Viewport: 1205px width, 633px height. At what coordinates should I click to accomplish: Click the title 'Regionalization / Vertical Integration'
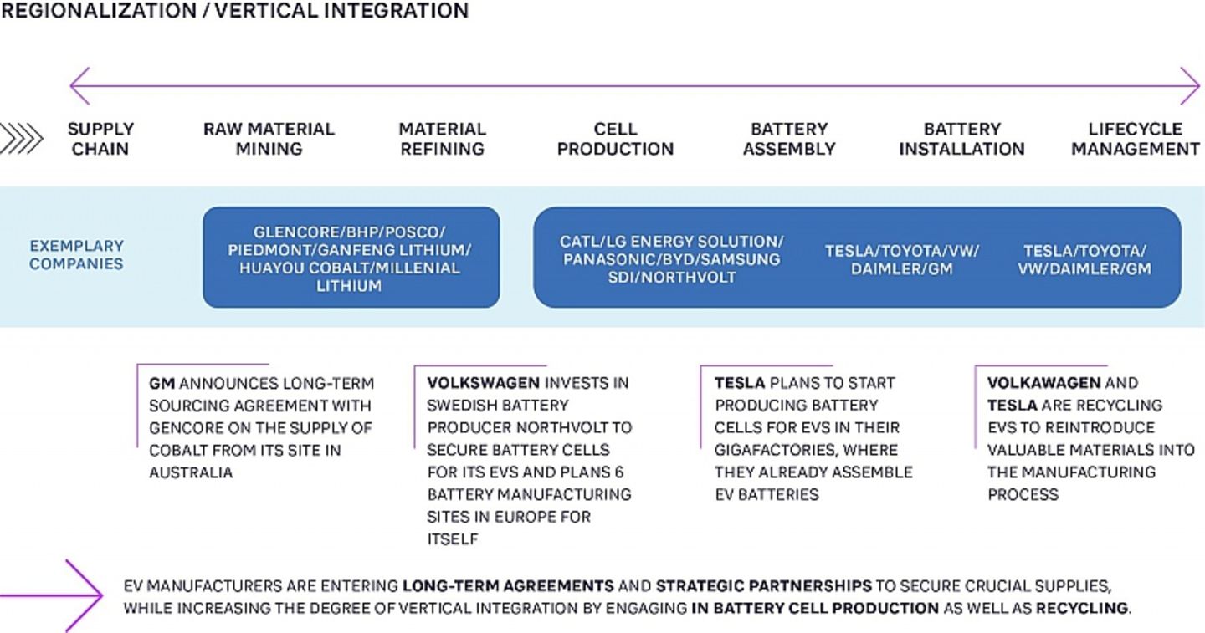point(234,11)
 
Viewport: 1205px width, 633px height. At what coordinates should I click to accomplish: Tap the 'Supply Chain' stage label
point(100,139)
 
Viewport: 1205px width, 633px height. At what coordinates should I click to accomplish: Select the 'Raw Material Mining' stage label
point(269,139)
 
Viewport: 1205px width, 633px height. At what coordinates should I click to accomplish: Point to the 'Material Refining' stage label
point(442,139)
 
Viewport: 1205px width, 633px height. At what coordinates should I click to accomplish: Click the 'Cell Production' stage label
point(615,139)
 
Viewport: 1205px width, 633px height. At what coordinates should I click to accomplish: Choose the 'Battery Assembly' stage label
point(789,139)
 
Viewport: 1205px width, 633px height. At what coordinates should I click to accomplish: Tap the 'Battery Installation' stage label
point(961,139)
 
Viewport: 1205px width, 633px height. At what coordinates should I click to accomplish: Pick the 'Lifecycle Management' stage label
point(1136,139)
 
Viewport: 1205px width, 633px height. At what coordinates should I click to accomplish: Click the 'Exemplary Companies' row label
point(76,255)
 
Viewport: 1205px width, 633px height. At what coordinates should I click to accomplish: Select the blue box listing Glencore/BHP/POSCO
point(351,258)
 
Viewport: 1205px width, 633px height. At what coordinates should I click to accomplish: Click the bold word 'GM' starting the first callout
point(162,383)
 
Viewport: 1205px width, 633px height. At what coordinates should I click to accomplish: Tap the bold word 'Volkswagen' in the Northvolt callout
point(483,383)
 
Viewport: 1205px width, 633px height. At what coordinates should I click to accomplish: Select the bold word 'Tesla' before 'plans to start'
point(739,383)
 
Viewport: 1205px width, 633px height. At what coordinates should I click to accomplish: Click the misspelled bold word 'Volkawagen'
point(1043,383)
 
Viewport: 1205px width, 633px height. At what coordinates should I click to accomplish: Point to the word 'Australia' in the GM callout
point(191,472)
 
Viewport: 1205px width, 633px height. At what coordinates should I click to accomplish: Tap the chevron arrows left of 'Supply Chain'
point(21,139)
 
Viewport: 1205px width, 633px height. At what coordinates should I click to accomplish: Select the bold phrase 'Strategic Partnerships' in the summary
point(763,586)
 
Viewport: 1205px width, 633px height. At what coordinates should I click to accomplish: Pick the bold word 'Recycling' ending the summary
point(1082,608)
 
